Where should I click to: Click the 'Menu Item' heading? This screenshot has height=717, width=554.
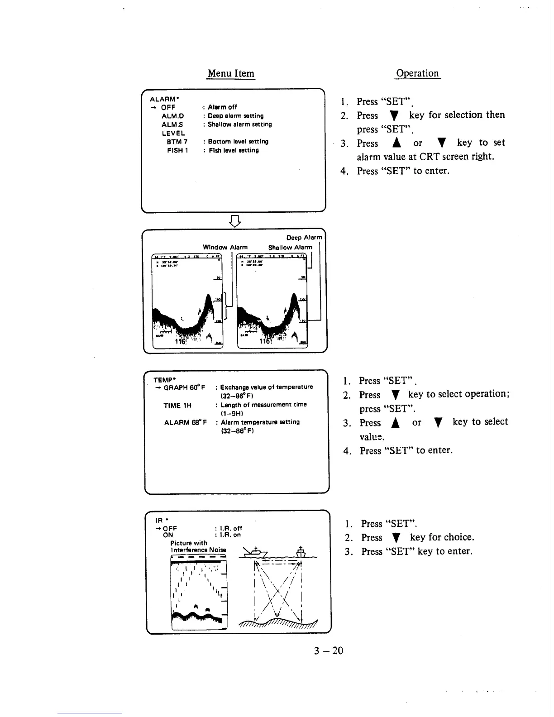point(231,73)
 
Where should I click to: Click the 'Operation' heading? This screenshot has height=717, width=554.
point(417,73)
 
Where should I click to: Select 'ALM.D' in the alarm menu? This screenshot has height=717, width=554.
point(172,116)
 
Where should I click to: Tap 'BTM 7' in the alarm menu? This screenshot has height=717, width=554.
point(177,142)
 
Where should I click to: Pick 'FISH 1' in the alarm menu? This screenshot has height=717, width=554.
point(177,150)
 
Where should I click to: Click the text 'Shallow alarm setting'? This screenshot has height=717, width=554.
point(239,124)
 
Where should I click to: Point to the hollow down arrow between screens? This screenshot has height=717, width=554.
point(234,221)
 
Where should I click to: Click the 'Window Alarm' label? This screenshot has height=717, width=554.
point(225,247)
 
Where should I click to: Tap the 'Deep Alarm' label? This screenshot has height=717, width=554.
point(304,238)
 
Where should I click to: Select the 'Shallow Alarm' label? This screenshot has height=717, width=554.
point(290,248)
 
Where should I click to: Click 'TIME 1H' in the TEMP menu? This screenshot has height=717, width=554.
point(177,406)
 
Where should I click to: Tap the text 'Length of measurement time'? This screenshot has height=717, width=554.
point(263,405)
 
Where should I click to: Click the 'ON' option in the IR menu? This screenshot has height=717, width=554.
point(168,535)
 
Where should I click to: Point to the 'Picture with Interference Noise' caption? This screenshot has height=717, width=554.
point(198,546)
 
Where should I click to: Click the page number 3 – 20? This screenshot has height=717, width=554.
point(329,651)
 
